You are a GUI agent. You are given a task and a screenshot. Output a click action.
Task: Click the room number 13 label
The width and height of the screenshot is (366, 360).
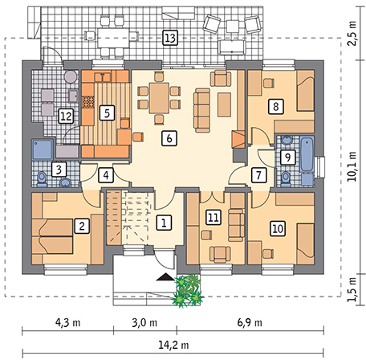tap(170, 38)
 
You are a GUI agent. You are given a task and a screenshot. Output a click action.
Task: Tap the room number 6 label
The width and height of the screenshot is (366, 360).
tap(169, 138)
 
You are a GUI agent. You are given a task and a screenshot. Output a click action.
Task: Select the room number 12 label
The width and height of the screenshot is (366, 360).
tap(66, 117)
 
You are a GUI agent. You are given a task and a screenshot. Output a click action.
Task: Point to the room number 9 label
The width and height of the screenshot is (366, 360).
tap(287, 157)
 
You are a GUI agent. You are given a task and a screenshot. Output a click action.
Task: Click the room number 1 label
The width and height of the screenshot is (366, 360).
tap(164, 222)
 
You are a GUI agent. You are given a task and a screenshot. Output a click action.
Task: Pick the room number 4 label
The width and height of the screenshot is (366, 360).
tap(106, 175)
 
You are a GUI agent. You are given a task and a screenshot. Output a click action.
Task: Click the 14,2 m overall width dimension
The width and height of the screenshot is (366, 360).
tap(173, 345)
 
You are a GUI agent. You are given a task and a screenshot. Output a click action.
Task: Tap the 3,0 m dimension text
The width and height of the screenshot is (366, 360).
tap(144, 322)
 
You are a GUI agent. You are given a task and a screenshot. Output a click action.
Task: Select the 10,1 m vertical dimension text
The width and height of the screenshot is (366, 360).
tap(352, 166)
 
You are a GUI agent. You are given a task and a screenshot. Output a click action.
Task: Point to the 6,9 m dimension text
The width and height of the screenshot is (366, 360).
tap(250, 322)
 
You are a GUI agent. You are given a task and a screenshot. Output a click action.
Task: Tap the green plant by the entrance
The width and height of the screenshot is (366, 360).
tap(189, 291)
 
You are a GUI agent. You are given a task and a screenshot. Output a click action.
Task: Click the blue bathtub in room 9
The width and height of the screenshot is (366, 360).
tap(307, 154)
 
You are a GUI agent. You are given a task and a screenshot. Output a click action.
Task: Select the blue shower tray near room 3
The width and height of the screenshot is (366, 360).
tap(43, 149)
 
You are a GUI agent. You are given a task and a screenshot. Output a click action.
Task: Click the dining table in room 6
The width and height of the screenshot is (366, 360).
tap(159, 98)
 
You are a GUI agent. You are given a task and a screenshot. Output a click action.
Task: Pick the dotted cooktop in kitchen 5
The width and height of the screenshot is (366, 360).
tap(87, 102)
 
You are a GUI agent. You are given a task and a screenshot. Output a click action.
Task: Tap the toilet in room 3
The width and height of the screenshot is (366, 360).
tap(42, 179)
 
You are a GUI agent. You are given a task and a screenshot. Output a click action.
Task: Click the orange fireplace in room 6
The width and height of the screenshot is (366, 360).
tap(238, 139)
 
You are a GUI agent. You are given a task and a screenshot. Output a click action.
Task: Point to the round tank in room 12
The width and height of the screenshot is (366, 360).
tap(71, 76)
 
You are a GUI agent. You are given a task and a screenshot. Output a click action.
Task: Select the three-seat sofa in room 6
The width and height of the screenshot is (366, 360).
tap(202, 110)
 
